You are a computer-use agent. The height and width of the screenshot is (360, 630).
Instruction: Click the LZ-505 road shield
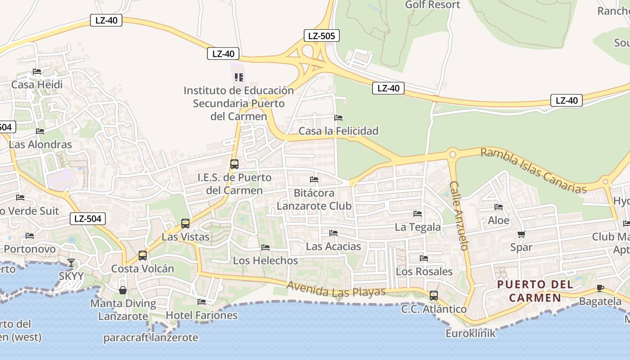(x=321, y=36)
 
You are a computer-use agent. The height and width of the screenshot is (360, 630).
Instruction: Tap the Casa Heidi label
(x=37, y=85)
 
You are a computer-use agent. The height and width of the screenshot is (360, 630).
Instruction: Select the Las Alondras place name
(x=40, y=144)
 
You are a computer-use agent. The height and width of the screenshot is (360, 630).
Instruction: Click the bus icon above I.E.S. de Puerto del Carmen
(x=234, y=164)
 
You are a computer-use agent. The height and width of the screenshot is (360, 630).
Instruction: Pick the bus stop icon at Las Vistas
(x=185, y=224)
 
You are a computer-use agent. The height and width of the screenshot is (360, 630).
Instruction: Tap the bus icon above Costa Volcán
(x=143, y=256)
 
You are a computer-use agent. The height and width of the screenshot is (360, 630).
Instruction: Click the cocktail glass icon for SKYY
(x=71, y=262)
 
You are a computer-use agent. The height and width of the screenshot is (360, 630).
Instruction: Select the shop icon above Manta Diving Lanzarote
(x=122, y=290)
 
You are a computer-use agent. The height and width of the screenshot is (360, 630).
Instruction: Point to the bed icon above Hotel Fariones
(x=202, y=302)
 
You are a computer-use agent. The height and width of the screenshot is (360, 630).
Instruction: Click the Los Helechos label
(x=265, y=261)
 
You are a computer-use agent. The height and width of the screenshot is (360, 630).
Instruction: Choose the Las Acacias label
(x=333, y=247)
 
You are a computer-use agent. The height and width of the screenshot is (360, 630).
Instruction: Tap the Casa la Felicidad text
(x=338, y=131)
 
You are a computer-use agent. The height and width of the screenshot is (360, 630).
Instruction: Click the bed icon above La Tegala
(x=418, y=214)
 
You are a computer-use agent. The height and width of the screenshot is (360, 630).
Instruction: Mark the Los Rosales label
(x=424, y=271)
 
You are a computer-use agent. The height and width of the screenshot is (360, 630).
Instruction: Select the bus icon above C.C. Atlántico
(x=434, y=296)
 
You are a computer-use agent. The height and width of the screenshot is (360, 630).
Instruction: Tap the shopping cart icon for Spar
(x=521, y=234)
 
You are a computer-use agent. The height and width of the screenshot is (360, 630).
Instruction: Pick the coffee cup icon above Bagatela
(x=600, y=288)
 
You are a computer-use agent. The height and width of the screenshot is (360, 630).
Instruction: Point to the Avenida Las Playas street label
(x=336, y=289)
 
